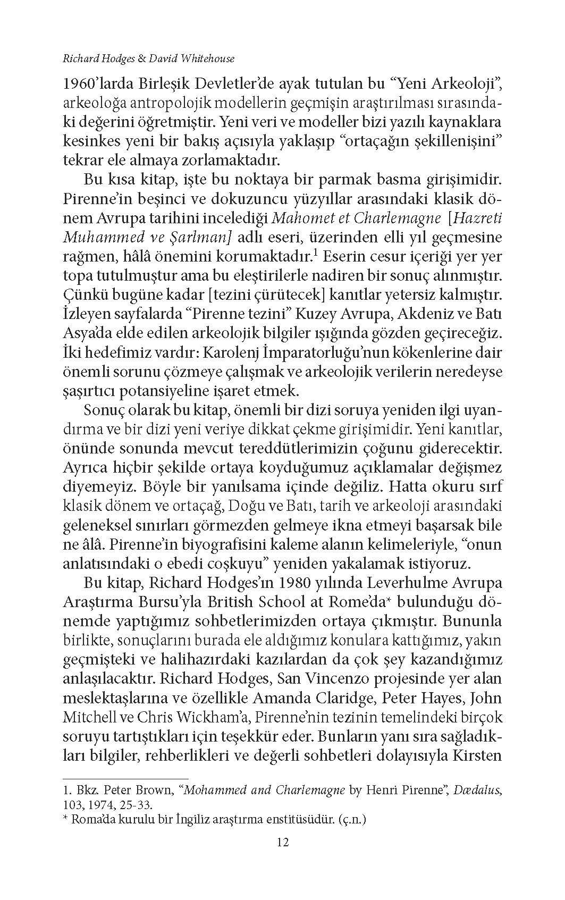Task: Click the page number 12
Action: click(282, 842)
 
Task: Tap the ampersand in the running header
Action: click(141, 59)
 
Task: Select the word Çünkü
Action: click(81, 295)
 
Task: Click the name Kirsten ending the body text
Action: click(476, 755)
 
